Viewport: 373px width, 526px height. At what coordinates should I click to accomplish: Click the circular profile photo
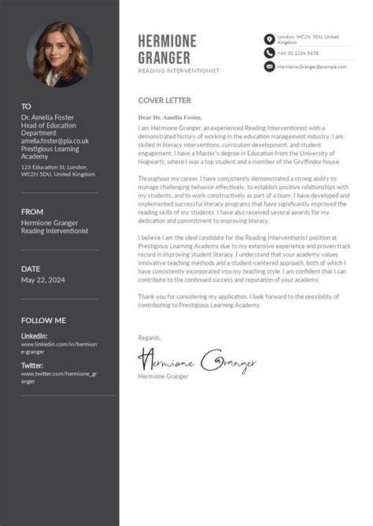pos(59,54)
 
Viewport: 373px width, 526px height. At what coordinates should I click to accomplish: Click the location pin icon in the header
pos(269,39)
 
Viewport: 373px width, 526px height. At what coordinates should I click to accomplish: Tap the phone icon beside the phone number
pos(269,53)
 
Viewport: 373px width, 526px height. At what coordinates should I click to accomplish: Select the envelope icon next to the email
pos(269,67)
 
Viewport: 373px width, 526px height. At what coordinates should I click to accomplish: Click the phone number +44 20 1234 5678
pos(297,53)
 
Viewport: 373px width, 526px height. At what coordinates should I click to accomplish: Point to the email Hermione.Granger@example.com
pos(312,67)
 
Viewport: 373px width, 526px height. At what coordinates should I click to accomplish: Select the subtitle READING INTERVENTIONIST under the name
pos(179,71)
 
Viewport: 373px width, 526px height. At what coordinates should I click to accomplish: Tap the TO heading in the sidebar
pos(26,106)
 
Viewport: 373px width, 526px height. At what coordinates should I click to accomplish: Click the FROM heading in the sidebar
pos(32,212)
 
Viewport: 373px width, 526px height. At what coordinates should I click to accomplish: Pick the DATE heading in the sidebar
pos(31,269)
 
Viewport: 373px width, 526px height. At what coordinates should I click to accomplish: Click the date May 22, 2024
pos(43,280)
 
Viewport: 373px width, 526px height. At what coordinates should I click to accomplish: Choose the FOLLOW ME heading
pos(43,320)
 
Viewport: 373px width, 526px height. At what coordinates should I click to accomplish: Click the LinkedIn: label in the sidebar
pos(34,336)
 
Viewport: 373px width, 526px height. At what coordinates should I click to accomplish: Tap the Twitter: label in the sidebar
pos(32,365)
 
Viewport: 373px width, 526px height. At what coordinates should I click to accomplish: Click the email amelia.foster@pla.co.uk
pos(55,141)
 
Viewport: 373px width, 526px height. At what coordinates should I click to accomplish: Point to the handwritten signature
pos(197,361)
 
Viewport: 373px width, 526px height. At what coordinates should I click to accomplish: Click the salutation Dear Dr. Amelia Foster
pos(170,117)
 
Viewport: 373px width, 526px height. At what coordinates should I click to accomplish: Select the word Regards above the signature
pos(150,338)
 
